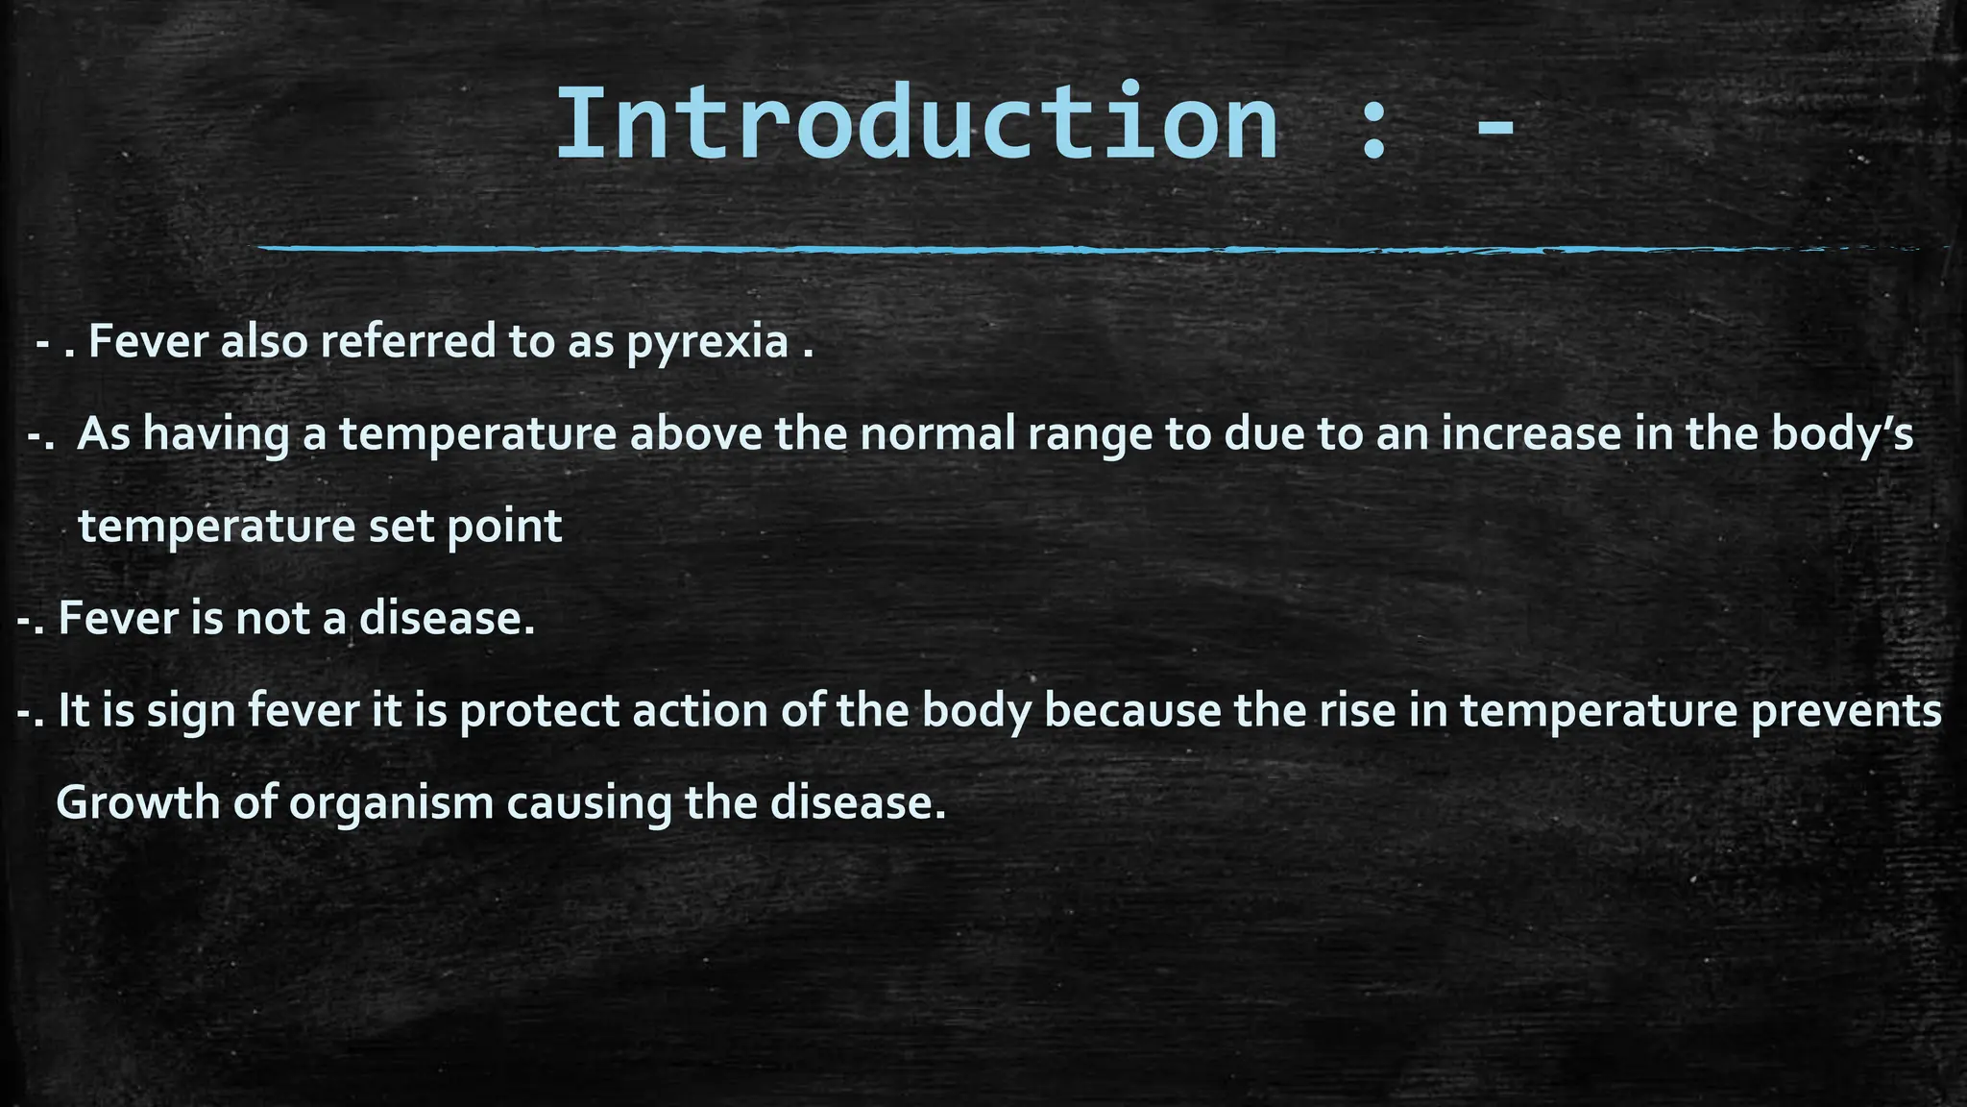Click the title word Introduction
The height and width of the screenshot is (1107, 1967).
[x=917, y=125]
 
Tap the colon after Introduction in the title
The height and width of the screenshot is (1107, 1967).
[x=1373, y=135]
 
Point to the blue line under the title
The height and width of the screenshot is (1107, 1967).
[x=1056, y=249]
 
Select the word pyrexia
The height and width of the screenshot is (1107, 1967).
[x=708, y=342]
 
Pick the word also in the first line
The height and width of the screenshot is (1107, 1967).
[x=262, y=341]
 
